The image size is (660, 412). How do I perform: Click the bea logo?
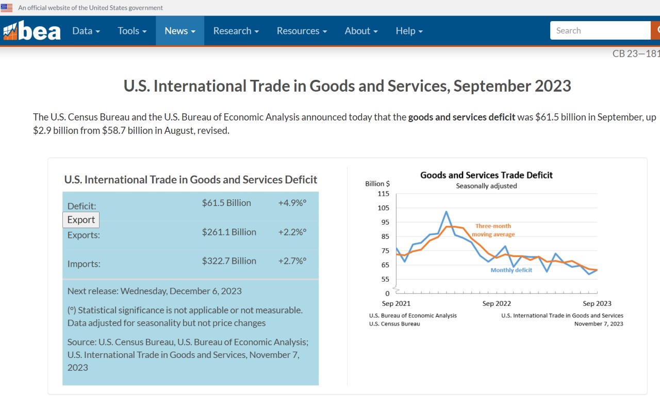coord(32,31)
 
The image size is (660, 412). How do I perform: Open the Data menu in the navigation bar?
coord(86,31)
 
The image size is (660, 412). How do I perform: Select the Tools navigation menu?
coord(132,31)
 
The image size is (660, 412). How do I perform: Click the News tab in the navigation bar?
coord(180,31)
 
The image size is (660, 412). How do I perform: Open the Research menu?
coord(236,31)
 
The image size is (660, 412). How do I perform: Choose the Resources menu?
coord(302,31)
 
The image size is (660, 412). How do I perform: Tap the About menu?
coord(361,31)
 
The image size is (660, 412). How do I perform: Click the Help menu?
coord(409,31)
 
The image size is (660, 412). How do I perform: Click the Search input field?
coord(600,30)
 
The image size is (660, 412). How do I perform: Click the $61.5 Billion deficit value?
coord(226,203)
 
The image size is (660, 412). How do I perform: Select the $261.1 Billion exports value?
coord(229,232)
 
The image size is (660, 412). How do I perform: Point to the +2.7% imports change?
coord(292,261)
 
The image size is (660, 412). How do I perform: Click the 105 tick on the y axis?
coord(384,208)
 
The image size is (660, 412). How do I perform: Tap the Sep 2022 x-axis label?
coord(497,303)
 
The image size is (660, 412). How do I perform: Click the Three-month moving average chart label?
coord(493,230)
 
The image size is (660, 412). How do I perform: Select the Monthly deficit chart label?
coord(511,270)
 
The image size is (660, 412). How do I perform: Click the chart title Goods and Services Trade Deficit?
coord(486,175)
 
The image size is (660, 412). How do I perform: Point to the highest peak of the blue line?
coord(446,211)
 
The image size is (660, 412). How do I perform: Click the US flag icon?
coord(7,8)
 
